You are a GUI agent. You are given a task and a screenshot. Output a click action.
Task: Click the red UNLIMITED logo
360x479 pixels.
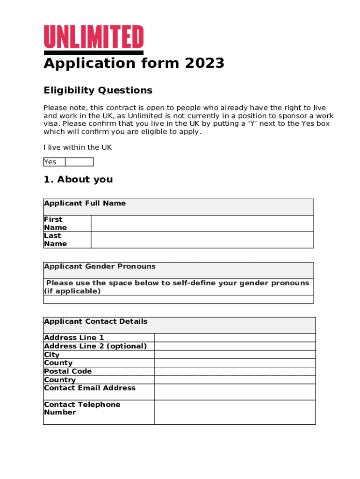click(x=94, y=37)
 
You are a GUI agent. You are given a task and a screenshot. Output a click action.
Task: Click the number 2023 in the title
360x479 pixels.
click(x=205, y=63)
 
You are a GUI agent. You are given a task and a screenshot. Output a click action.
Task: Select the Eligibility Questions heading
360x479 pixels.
click(x=98, y=90)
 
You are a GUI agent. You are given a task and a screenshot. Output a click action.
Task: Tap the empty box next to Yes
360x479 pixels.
click(x=79, y=162)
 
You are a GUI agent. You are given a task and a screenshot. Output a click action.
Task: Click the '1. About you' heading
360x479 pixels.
click(x=78, y=180)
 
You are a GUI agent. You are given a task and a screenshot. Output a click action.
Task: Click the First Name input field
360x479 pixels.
click(x=202, y=224)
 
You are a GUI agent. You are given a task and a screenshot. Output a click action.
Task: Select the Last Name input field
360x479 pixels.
click(x=202, y=240)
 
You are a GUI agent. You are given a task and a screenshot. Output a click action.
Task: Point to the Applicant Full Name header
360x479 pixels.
click(x=85, y=203)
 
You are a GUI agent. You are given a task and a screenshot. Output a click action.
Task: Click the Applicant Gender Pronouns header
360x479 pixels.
click(x=100, y=267)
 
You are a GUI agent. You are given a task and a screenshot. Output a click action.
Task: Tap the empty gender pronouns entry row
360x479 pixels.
click(x=178, y=299)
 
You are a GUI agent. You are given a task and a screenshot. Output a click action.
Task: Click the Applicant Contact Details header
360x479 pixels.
click(x=95, y=321)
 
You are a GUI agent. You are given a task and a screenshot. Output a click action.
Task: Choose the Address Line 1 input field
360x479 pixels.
click(x=235, y=338)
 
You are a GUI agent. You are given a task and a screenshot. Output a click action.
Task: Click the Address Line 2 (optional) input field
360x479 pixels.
click(x=235, y=346)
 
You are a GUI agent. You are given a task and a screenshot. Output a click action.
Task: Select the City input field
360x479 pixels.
click(x=235, y=355)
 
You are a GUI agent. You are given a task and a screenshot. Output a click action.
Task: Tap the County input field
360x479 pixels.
click(x=235, y=363)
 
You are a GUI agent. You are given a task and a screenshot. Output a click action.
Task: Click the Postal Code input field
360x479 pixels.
click(x=235, y=371)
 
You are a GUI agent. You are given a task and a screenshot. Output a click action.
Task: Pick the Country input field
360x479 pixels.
click(x=235, y=380)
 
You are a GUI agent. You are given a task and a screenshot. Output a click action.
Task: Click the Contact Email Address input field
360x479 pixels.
click(x=235, y=392)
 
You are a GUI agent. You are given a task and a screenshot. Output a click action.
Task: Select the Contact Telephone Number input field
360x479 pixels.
click(x=235, y=412)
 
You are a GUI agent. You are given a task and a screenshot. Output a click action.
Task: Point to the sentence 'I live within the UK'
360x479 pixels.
click(x=78, y=147)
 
